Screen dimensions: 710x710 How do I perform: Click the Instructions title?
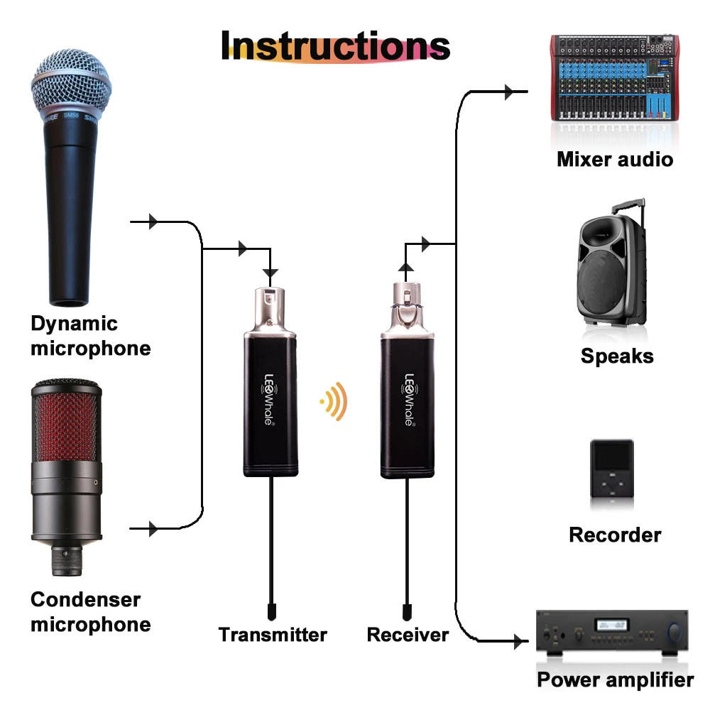pos(336,45)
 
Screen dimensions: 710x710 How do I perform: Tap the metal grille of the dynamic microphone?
pos(71,84)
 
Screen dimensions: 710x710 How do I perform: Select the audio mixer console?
pos(614,77)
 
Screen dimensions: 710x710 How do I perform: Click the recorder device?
pos(612,469)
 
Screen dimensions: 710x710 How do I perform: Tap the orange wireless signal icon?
pos(334,401)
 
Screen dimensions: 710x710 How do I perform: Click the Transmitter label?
pos(273,634)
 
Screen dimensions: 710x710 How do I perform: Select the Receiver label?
pos(408,634)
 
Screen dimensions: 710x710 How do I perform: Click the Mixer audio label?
pos(615,159)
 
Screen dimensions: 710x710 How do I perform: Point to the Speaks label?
pos(617,356)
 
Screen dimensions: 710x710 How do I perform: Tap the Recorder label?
pos(615,535)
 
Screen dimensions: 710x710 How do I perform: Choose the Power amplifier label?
pos(616,679)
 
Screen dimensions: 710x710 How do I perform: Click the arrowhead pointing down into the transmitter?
pos(271,273)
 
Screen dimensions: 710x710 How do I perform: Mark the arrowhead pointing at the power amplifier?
pos(518,641)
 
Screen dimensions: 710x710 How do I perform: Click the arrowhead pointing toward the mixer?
pos(509,92)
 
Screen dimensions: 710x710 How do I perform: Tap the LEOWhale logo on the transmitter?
pos(268,399)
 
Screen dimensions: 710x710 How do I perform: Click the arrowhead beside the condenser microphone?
pos(153,528)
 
